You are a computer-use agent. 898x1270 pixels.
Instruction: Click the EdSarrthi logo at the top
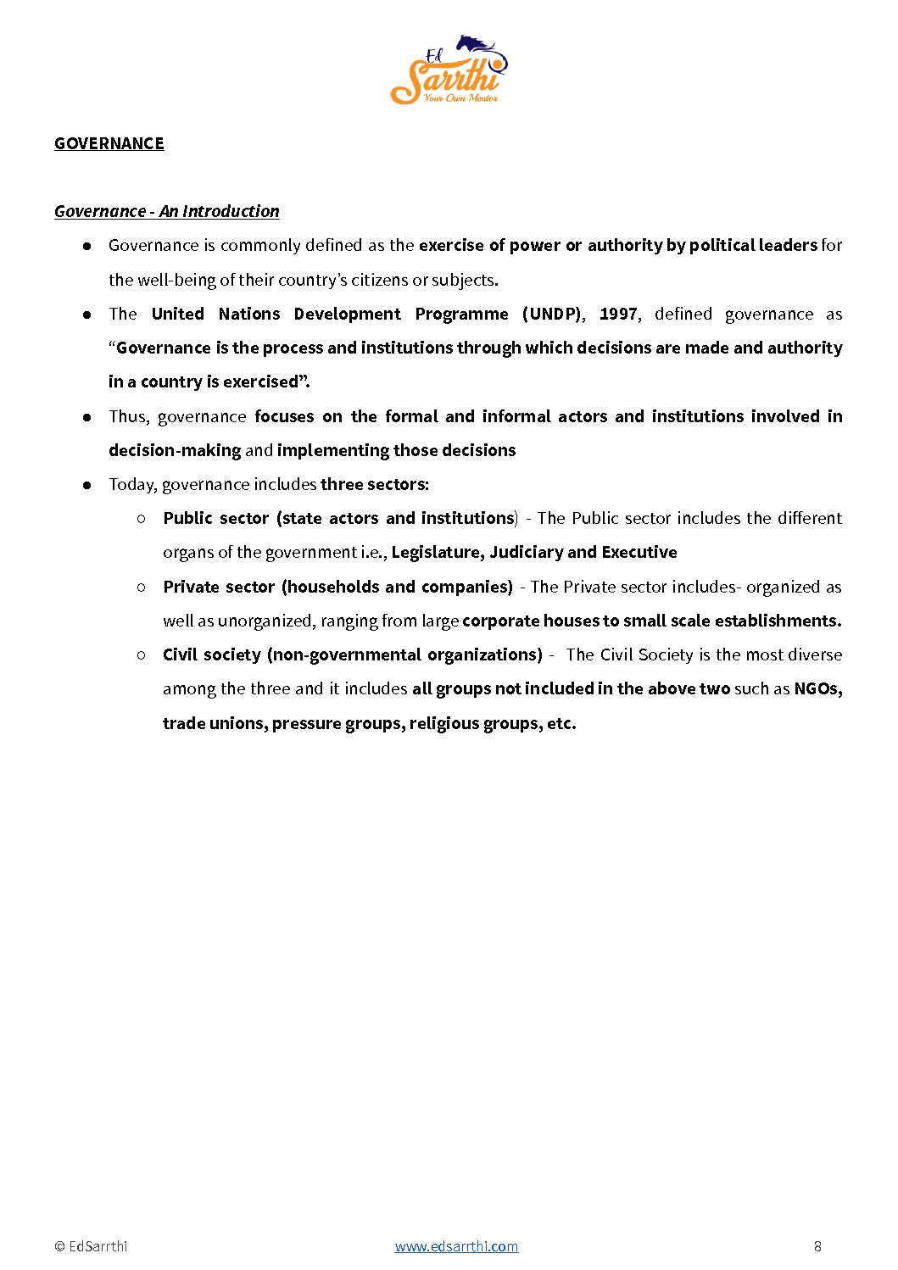[x=449, y=70]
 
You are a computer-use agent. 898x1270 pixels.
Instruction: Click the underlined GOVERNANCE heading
[x=109, y=143]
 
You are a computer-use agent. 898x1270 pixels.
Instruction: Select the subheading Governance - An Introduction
[x=167, y=211]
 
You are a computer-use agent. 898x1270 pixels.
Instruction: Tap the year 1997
[x=618, y=314]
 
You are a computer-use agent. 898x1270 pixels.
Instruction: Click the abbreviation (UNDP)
[x=552, y=314]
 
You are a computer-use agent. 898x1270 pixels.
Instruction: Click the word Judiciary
[x=526, y=553]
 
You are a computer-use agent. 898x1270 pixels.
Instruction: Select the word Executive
[x=639, y=553]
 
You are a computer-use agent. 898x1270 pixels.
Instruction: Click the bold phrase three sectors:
[x=375, y=484]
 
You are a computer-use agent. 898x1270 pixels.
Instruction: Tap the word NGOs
[x=817, y=688]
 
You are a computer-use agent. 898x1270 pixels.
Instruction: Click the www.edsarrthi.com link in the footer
[x=456, y=1246]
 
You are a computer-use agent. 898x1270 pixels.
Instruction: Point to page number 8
[x=817, y=1246]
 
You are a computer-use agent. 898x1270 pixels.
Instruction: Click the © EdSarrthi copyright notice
[x=91, y=1246]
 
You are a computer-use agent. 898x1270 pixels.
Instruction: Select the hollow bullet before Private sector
[x=142, y=587]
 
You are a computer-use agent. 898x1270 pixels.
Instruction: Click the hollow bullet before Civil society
[x=142, y=654]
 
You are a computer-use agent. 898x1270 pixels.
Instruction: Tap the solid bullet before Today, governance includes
[x=86, y=485]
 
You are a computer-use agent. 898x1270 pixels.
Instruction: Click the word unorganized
[x=265, y=621]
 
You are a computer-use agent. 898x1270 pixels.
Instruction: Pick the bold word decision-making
[x=175, y=450]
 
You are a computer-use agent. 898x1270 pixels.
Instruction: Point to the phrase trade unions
[x=213, y=723]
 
